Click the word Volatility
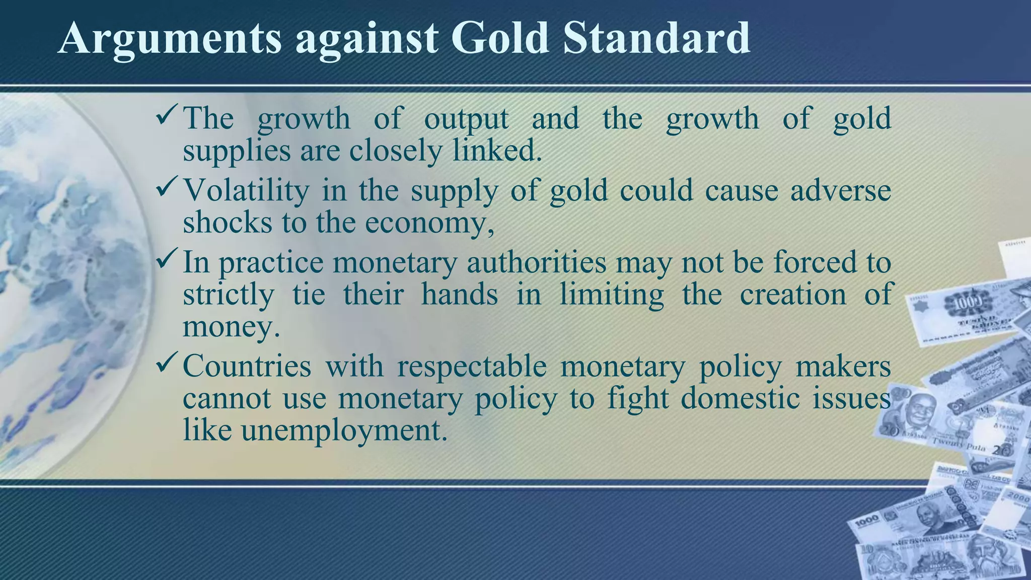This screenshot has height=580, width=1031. tap(246, 190)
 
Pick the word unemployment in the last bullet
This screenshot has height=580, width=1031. tap(344, 431)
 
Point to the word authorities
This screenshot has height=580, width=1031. tap(537, 263)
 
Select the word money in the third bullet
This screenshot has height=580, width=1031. tap(231, 327)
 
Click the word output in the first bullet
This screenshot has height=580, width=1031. tap(466, 119)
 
